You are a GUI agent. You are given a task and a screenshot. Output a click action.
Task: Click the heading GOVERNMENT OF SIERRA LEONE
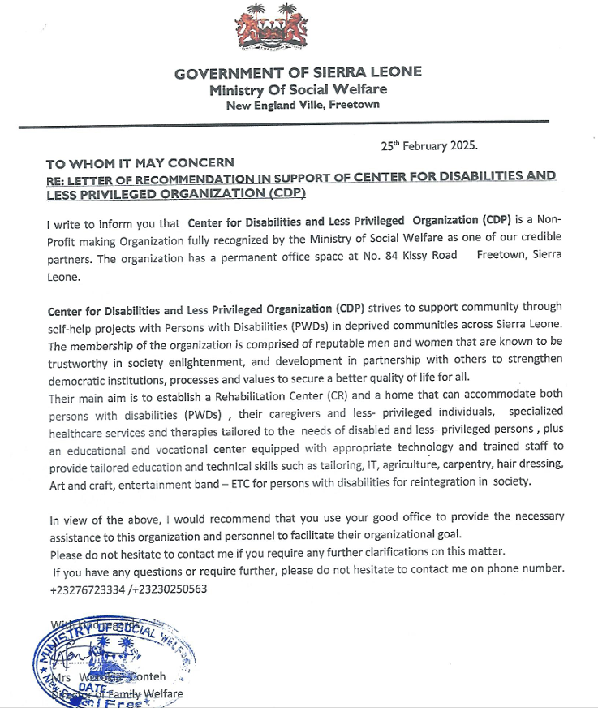298,73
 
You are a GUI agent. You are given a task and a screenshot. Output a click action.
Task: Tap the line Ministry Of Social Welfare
298,89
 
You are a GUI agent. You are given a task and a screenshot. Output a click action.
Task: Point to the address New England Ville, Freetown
303,105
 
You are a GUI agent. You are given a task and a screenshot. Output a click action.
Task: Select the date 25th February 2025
429,146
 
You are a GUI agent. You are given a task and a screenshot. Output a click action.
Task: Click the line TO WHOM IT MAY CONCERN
140,162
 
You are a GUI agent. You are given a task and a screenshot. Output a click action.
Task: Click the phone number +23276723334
87,589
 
